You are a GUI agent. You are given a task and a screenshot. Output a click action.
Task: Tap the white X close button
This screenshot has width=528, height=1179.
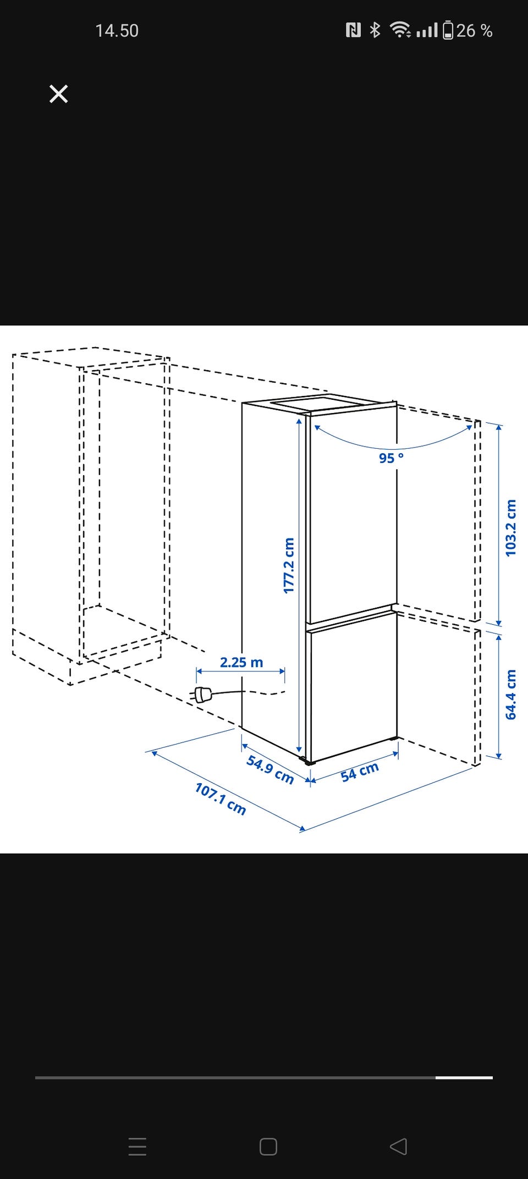58,94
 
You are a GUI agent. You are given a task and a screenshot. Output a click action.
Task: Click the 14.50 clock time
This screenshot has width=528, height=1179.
117,31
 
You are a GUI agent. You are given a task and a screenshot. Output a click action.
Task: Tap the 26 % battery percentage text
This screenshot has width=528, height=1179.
474,31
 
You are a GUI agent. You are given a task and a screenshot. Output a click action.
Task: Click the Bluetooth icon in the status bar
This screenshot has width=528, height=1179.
375,30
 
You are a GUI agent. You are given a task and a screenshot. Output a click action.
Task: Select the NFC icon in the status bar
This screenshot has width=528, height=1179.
353,30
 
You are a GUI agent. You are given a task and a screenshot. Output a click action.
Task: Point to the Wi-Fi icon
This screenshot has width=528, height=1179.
400,30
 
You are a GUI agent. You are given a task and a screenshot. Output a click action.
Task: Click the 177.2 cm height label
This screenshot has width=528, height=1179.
289,565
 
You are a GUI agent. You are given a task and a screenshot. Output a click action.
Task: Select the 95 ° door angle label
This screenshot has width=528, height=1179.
391,458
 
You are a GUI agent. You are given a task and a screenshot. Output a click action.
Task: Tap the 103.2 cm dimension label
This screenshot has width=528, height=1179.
511,528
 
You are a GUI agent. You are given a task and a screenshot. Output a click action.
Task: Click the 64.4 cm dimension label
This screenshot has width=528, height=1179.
511,694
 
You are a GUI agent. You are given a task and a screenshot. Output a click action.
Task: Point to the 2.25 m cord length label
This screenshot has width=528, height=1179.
241,662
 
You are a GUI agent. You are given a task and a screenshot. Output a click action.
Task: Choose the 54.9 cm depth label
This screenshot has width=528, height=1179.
270,769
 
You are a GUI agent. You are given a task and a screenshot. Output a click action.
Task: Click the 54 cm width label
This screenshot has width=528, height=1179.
360,772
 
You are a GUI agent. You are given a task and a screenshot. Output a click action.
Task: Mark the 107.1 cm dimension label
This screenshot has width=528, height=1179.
220,798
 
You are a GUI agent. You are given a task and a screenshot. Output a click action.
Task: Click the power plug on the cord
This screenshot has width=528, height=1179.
202,695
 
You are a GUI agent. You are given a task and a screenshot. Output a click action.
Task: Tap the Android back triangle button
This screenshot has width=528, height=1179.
398,1147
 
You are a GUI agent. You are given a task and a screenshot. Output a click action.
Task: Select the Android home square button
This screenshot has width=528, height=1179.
268,1147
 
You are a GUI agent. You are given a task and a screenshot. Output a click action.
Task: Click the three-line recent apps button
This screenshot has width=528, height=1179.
137,1147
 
